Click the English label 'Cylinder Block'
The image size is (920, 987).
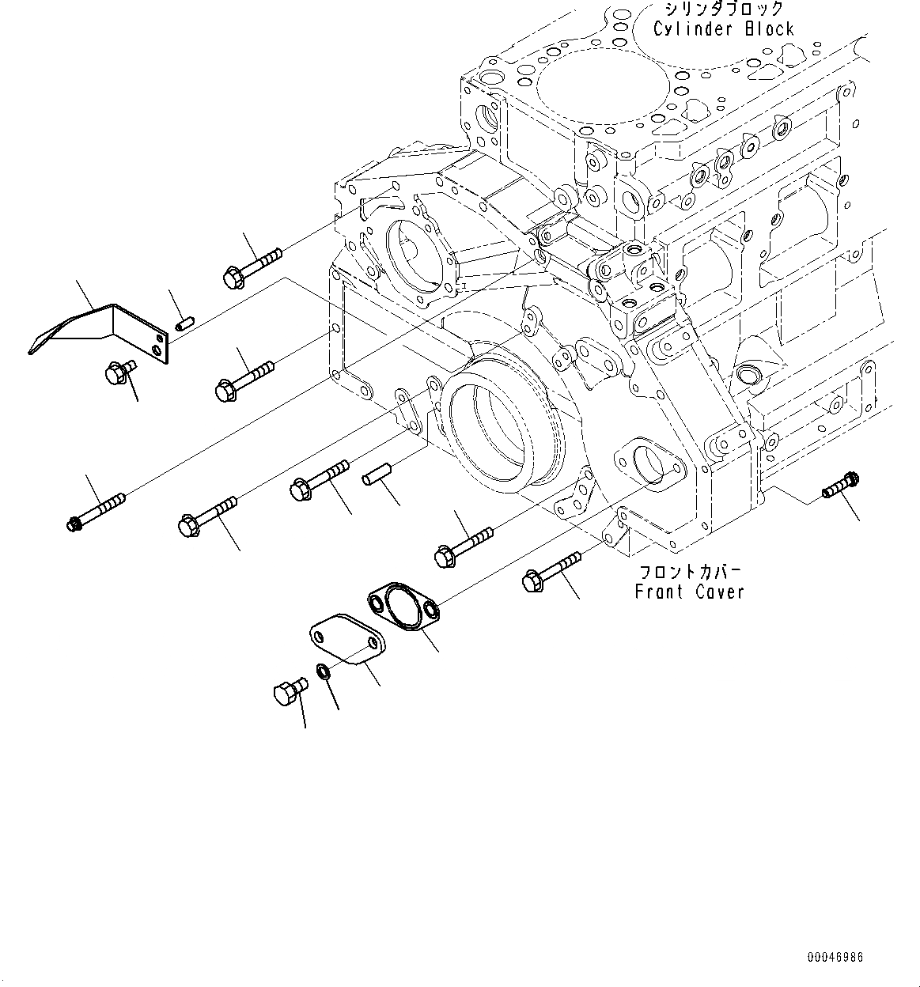coord(723,29)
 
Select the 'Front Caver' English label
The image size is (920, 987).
coord(689,592)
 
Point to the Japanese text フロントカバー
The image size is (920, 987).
coord(689,571)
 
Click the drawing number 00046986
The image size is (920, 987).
coord(835,958)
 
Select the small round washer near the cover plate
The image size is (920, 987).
coord(324,672)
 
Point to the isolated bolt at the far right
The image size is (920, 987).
coord(840,485)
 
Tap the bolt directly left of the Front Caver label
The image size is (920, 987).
coord(551,573)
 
